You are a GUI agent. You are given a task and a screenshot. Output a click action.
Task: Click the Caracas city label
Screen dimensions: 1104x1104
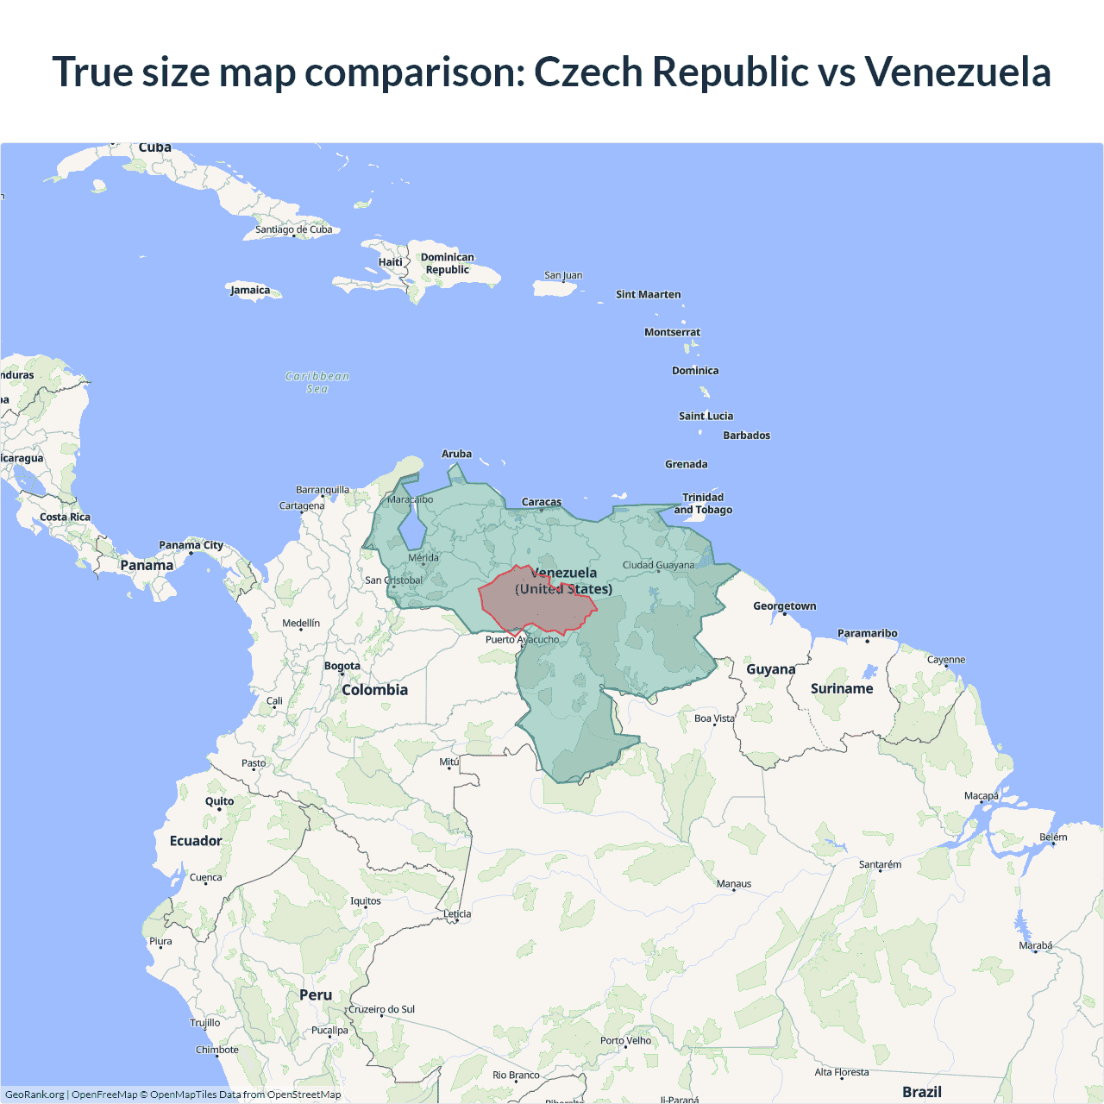pos(542,502)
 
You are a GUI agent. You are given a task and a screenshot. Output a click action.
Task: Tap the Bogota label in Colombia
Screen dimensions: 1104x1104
pos(342,666)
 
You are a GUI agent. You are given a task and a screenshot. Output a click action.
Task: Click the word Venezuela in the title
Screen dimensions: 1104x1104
pos(957,72)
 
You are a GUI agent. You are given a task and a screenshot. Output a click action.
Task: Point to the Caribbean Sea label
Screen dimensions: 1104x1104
pos(317,382)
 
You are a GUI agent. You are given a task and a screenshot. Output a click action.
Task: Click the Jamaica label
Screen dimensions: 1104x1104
pos(250,290)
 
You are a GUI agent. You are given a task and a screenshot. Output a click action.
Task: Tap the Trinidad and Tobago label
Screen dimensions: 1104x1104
pos(703,503)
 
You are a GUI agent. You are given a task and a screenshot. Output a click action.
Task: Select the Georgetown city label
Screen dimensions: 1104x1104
pos(784,606)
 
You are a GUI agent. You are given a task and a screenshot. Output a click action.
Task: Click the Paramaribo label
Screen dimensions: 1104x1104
pos(867,633)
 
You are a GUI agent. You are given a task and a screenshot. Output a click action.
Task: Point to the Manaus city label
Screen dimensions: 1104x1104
pos(734,883)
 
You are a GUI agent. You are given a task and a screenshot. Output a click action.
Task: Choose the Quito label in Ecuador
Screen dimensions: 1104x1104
pos(219,801)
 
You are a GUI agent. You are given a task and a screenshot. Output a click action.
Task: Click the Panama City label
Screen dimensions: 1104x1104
pos(191,545)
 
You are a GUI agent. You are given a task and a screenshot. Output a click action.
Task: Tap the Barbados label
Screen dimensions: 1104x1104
pos(746,436)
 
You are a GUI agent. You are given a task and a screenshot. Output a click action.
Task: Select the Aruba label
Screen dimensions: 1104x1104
pos(456,454)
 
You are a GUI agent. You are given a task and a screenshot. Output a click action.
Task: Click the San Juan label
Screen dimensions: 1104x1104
pos(563,275)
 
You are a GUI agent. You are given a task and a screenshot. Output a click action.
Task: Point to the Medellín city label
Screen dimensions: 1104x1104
pos(301,623)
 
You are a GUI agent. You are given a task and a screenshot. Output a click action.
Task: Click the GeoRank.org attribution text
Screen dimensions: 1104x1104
pos(34,1095)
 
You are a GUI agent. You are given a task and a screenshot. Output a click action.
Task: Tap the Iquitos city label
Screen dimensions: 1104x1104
pos(366,900)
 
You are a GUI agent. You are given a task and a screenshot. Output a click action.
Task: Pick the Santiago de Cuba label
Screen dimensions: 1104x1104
pos(293,229)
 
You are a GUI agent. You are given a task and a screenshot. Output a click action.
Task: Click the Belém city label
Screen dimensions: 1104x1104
pos(1053,837)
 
